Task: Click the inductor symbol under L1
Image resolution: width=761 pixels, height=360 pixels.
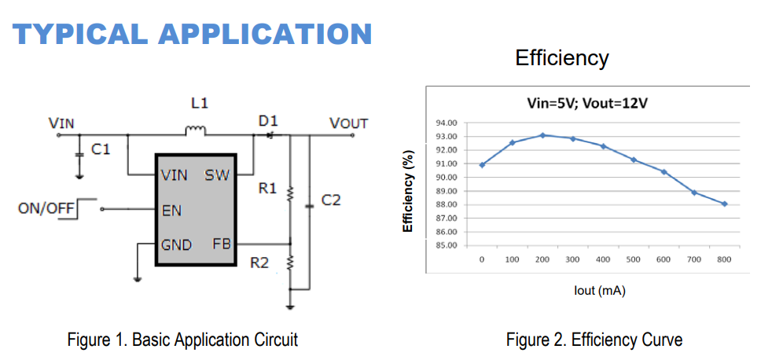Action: click(196, 130)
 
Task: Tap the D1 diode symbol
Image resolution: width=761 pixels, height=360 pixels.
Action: click(270, 135)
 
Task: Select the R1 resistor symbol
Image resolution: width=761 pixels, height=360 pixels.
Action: click(290, 194)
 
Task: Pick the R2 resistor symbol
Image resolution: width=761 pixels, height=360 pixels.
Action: click(290, 263)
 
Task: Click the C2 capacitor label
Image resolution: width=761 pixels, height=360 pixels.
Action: click(332, 200)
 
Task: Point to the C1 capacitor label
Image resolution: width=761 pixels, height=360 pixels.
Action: click(101, 149)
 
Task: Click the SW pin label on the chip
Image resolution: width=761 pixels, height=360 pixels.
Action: click(217, 174)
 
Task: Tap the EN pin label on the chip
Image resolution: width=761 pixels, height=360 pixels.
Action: click(171, 211)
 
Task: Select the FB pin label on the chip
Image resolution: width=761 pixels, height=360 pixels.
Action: click(222, 244)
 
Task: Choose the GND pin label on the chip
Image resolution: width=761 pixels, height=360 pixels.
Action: click(177, 245)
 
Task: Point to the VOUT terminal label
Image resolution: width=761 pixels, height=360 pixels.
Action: click(348, 123)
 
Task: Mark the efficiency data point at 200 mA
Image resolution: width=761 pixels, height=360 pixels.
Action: click(542, 135)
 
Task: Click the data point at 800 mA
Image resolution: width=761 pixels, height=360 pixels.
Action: click(724, 204)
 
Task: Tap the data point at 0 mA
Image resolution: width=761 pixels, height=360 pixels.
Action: click(482, 165)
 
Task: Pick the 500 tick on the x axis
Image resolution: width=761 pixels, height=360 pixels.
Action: click(634, 259)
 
